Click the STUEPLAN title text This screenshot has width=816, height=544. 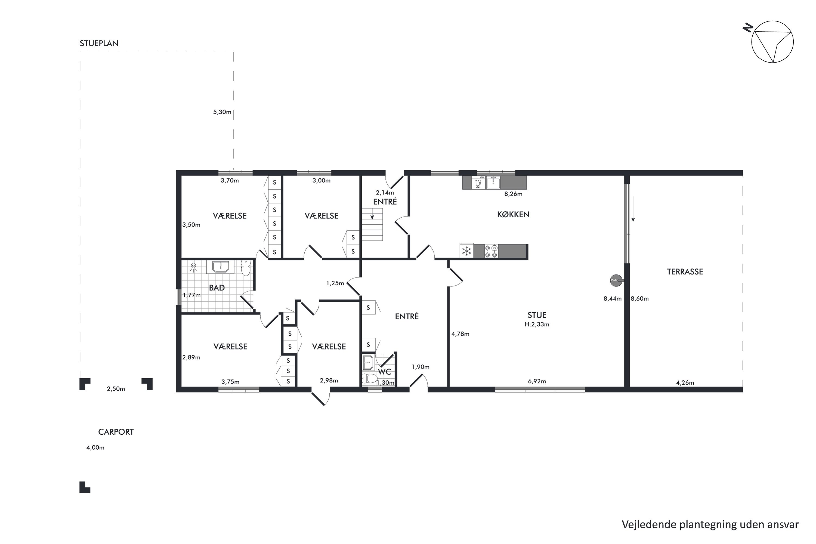click(x=99, y=43)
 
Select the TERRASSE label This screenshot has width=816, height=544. click(x=685, y=272)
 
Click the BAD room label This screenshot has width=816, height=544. click(x=217, y=288)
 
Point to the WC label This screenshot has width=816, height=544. click(x=384, y=372)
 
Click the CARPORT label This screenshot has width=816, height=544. click(x=116, y=432)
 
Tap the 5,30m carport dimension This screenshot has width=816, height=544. click(x=222, y=112)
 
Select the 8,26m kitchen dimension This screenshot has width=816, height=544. click(x=513, y=194)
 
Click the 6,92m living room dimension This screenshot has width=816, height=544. click(x=537, y=381)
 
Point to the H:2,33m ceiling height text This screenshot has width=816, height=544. click(x=537, y=325)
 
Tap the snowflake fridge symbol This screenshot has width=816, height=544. click(x=467, y=251)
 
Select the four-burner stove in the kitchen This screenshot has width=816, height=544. click(x=491, y=251)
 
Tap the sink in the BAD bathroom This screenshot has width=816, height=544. click(x=220, y=267)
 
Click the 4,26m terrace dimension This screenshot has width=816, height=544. click(x=685, y=383)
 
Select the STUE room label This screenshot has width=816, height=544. click(x=537, y=315)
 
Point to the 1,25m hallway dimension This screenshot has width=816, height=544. click(x=335, y=283)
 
